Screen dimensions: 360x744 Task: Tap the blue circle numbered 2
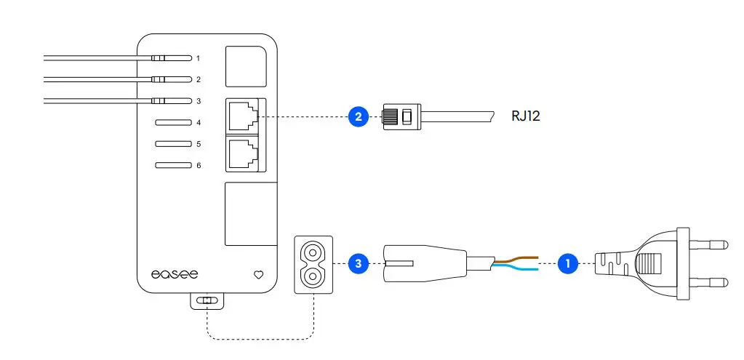click(356, 116)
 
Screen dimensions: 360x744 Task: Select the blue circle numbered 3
click(356, 263)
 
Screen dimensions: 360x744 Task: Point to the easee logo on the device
click(174, 275)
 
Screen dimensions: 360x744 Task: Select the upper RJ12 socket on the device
click(242, 116)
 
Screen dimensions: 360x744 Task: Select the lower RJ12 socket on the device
click(242, 153)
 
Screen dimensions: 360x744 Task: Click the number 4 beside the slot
click(198, 122)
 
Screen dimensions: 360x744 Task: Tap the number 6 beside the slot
click(198, 166)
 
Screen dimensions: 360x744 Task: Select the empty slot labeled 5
click(172, 144)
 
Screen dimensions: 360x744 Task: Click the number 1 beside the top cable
click(198, 57)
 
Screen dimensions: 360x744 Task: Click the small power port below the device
click(207, 300)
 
